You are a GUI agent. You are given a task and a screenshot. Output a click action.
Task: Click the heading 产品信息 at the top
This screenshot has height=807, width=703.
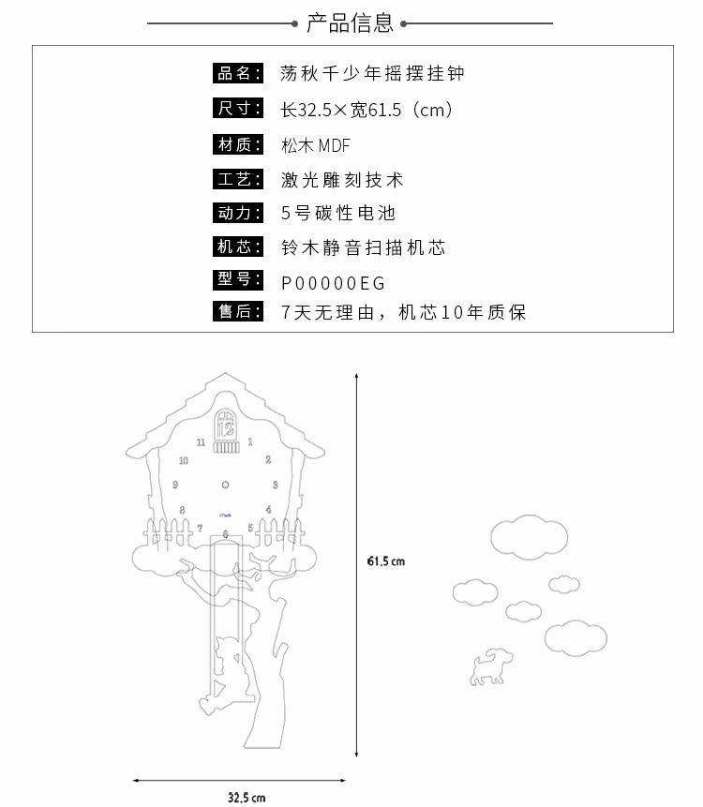click(x=351, y=23)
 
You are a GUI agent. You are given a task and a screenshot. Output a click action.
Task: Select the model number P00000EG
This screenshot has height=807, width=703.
click(x=333, y=282)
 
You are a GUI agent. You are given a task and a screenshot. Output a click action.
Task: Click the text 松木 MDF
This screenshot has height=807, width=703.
click(x=315, y=145)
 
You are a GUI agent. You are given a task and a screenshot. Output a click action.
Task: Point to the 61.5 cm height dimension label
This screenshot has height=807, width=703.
click(x=385, y=561)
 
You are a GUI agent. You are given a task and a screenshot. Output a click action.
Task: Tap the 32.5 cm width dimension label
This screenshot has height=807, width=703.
click(x=247, y=798)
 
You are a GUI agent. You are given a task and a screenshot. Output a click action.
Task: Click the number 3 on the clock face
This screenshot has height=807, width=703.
click(x=275, y=485)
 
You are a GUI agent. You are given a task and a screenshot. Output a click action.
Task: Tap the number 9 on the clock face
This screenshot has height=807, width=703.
click(x=176, y=485)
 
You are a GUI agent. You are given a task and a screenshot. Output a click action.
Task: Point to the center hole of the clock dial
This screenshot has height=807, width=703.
click(x=225, y=485)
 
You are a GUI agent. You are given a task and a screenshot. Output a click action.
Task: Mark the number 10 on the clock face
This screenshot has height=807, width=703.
click(x=183, y=460)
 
